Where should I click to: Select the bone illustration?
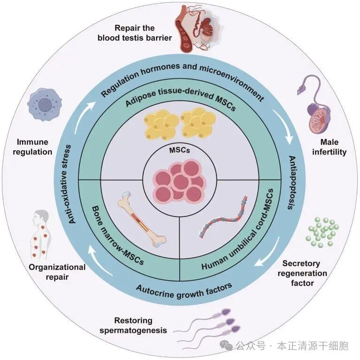(x=140, y=220)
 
